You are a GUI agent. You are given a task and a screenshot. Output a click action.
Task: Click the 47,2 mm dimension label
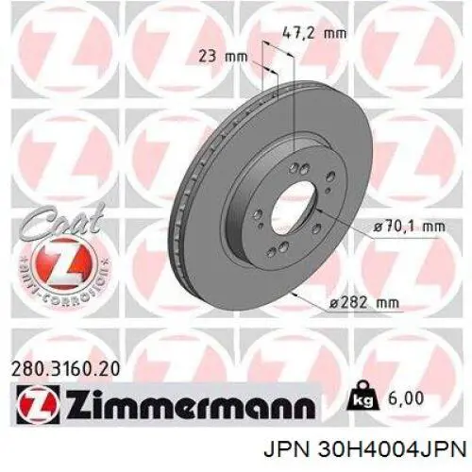[x=314, y=33]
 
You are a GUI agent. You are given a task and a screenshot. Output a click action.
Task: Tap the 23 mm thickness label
[x=223, y=57]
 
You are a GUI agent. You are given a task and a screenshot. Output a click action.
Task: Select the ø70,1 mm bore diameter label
[x=409, y=227]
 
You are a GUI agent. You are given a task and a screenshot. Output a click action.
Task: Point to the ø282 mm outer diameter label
[x=363, y=303]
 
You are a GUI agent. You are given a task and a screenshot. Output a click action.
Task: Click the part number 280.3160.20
[x=65, y=369]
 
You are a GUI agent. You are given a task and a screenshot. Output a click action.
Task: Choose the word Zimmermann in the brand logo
[x=191, y=404]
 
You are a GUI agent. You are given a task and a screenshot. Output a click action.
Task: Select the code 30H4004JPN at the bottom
[x=392, y=450]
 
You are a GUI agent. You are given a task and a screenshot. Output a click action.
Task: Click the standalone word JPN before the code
[x=286, y=450]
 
